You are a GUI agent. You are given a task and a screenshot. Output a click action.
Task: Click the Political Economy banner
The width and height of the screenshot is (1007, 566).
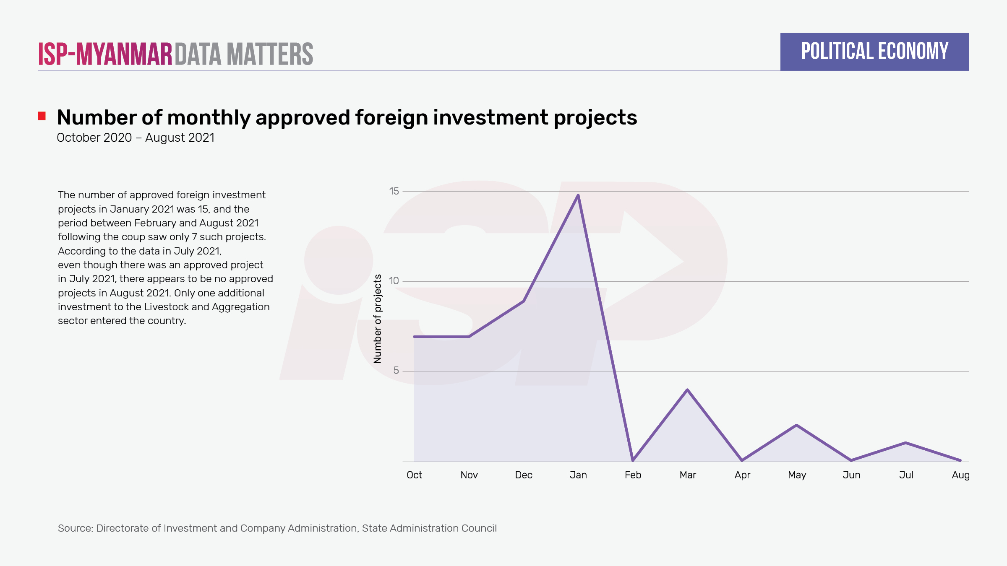[874, 52]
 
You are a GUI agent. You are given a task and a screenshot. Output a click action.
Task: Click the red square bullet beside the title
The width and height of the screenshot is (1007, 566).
[42, 116]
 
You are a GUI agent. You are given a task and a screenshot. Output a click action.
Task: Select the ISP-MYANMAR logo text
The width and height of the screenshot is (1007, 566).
[105, 54]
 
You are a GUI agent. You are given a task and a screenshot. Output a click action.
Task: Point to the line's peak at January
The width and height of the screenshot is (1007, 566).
[578, 195]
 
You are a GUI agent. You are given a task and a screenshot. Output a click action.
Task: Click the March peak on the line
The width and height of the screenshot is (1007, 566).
[687, 390]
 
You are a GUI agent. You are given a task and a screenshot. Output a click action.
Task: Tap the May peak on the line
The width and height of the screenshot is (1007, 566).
[796, 426]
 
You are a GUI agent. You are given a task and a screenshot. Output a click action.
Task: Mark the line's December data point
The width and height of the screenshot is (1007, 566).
[524, 301]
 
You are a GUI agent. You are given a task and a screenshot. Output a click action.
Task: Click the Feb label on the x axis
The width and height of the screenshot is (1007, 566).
[633, 475]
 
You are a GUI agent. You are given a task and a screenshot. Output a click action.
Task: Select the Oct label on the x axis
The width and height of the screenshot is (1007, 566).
[414, 475]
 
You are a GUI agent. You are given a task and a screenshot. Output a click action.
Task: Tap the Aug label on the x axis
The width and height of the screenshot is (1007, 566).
[960, 475]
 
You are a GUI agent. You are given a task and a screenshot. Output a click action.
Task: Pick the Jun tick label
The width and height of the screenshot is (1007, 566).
[851, 475]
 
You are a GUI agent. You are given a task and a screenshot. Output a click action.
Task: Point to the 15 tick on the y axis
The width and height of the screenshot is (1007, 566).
[394, 191]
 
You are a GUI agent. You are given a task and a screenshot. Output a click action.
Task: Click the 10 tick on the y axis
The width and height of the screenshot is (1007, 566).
[394, 281]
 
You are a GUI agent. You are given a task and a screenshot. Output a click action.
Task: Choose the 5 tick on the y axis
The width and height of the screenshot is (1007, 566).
[396, 371]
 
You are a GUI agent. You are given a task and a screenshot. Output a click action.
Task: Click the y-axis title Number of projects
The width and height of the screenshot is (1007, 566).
[378, 319]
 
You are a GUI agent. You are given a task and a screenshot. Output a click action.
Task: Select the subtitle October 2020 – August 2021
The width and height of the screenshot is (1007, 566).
[136, 138]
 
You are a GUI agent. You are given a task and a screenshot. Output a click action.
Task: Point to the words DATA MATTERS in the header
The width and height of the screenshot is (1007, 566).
[244, 54]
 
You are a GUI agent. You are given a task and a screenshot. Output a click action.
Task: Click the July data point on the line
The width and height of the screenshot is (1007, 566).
[906, 443]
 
